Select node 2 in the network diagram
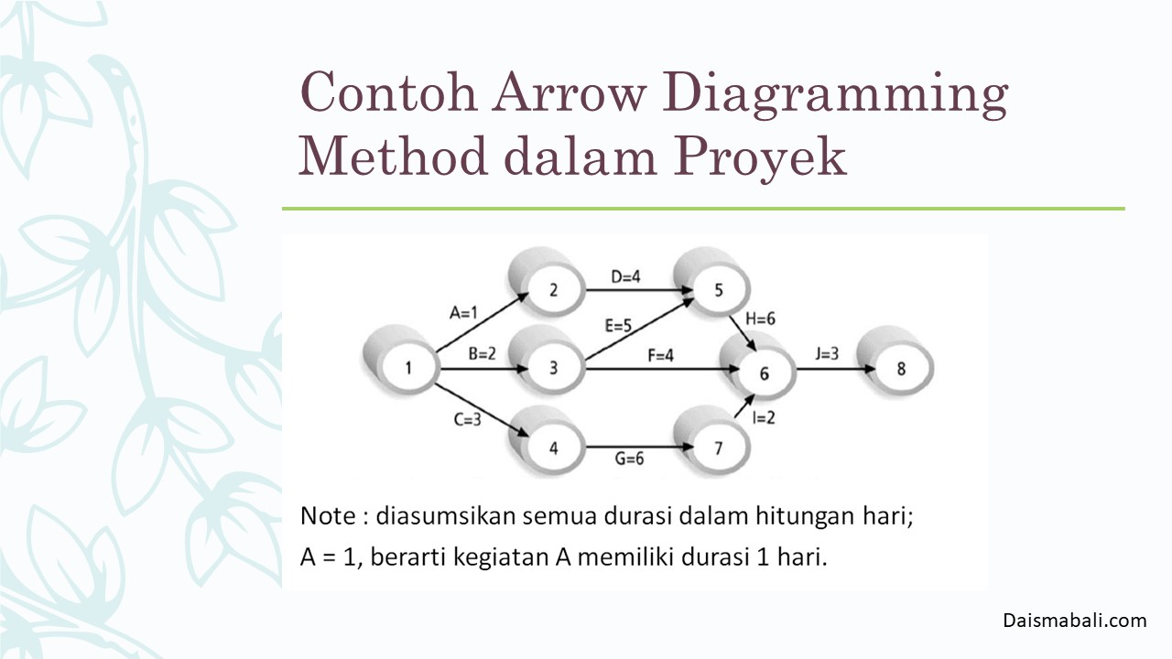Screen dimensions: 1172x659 click(x=546, y=283)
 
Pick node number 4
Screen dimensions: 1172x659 click(x=546, y=441)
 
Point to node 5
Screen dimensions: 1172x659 click(x=711, y=283)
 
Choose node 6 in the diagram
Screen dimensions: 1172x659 click(x=757, y=366)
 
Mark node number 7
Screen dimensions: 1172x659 click(x=711, y=441)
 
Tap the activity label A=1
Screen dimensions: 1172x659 click(x=463, y=313)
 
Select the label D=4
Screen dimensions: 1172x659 click(x=625, y=276)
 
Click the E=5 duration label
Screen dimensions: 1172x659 click(x=618, y=326)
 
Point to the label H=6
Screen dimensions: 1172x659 click(x=760, y=319)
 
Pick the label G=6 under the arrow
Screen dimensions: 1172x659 click(x=629, y=459)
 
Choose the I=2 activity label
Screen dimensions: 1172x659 click(x=764, y=417)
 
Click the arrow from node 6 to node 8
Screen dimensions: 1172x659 click(x=836, y=369)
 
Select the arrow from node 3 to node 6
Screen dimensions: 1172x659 click(x=662, y=369)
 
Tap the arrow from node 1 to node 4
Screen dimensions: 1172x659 click(x=482, y=410)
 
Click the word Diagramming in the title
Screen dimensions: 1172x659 click(x=835, y=94)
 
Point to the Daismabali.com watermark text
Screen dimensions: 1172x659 click(x=1075, y=621)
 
